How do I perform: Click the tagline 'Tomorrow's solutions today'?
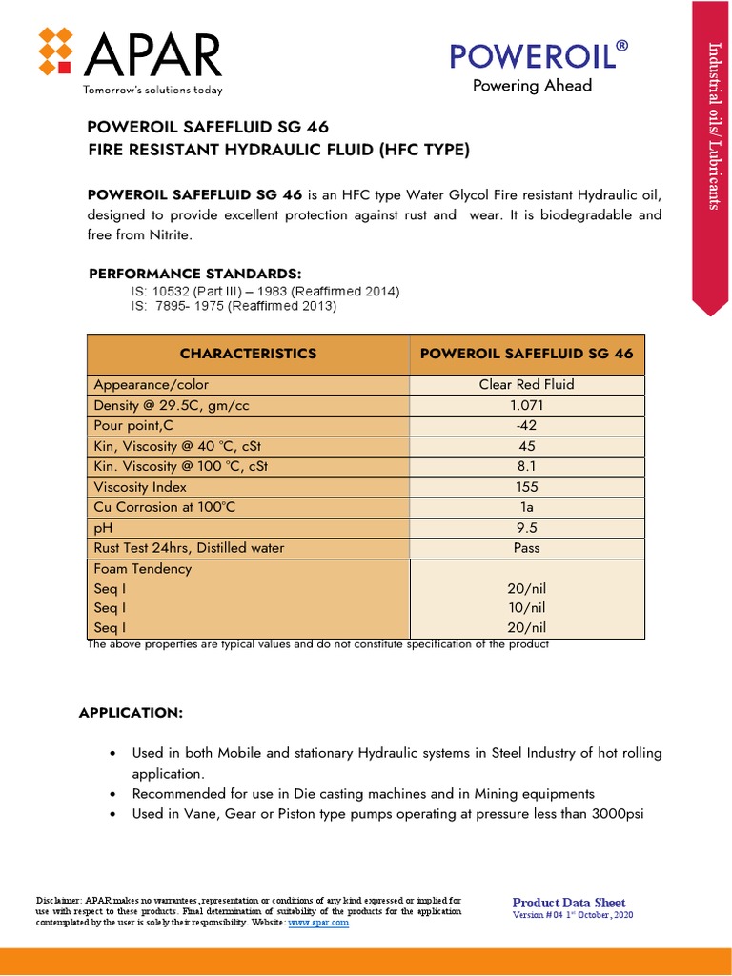pos(153,91)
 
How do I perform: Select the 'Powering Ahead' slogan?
pos(532,86)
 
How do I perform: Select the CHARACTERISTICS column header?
pos(248,354)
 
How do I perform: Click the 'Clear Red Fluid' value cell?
pos(526,385)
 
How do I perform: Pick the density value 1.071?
pos(526,405)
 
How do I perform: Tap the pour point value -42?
pos(526,426)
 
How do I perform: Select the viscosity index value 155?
pos(526,487)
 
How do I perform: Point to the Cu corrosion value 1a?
pos(526,507)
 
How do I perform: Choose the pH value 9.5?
pos(526,528)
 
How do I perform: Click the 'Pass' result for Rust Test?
pos(526,548)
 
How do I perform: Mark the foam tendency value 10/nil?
pos(526,608)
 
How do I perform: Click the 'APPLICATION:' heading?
pos(130,713)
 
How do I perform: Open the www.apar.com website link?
pos(318,923)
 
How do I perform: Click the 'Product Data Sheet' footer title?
pos(569,903)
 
